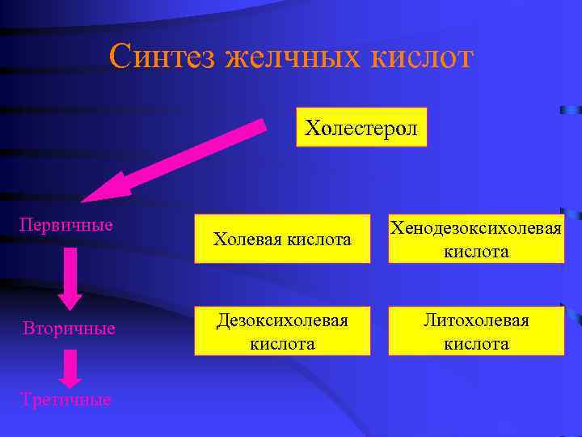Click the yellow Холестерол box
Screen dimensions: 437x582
tap(361, 127)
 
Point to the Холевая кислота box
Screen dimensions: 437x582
tap(282, 240)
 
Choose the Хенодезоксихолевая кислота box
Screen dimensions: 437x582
tap(476, 240)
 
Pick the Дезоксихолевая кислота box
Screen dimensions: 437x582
tap(282, 331)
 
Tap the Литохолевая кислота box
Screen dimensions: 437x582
tap(476, 331)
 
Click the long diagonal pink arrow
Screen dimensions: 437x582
tap(186, 159)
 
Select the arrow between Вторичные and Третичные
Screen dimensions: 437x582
tap(70, 368)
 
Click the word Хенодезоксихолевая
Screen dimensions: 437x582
tap(476, 229)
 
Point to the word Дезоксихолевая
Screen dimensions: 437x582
tap(282, 320)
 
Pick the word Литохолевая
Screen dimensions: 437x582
tap(476, 320)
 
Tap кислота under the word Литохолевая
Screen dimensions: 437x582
tap(476, 343)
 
